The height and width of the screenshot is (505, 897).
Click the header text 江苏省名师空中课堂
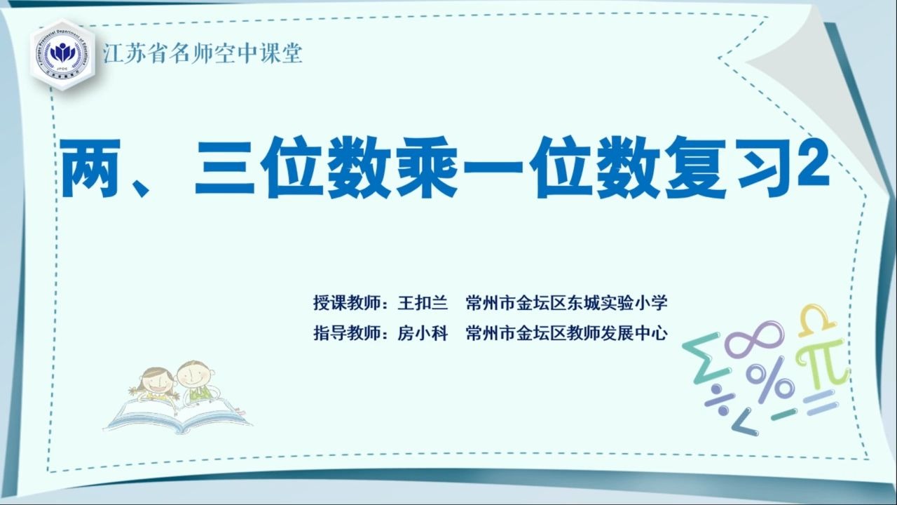[203, 53]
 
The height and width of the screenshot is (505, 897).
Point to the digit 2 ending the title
[814, 164]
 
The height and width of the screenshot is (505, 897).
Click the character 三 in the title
[224, 168]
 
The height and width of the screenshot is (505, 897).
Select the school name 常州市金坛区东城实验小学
[566, 304]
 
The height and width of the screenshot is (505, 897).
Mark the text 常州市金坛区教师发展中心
[566, 333]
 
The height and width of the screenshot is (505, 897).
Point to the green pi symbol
[823, 365]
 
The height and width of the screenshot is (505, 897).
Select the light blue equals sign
[820, 403]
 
